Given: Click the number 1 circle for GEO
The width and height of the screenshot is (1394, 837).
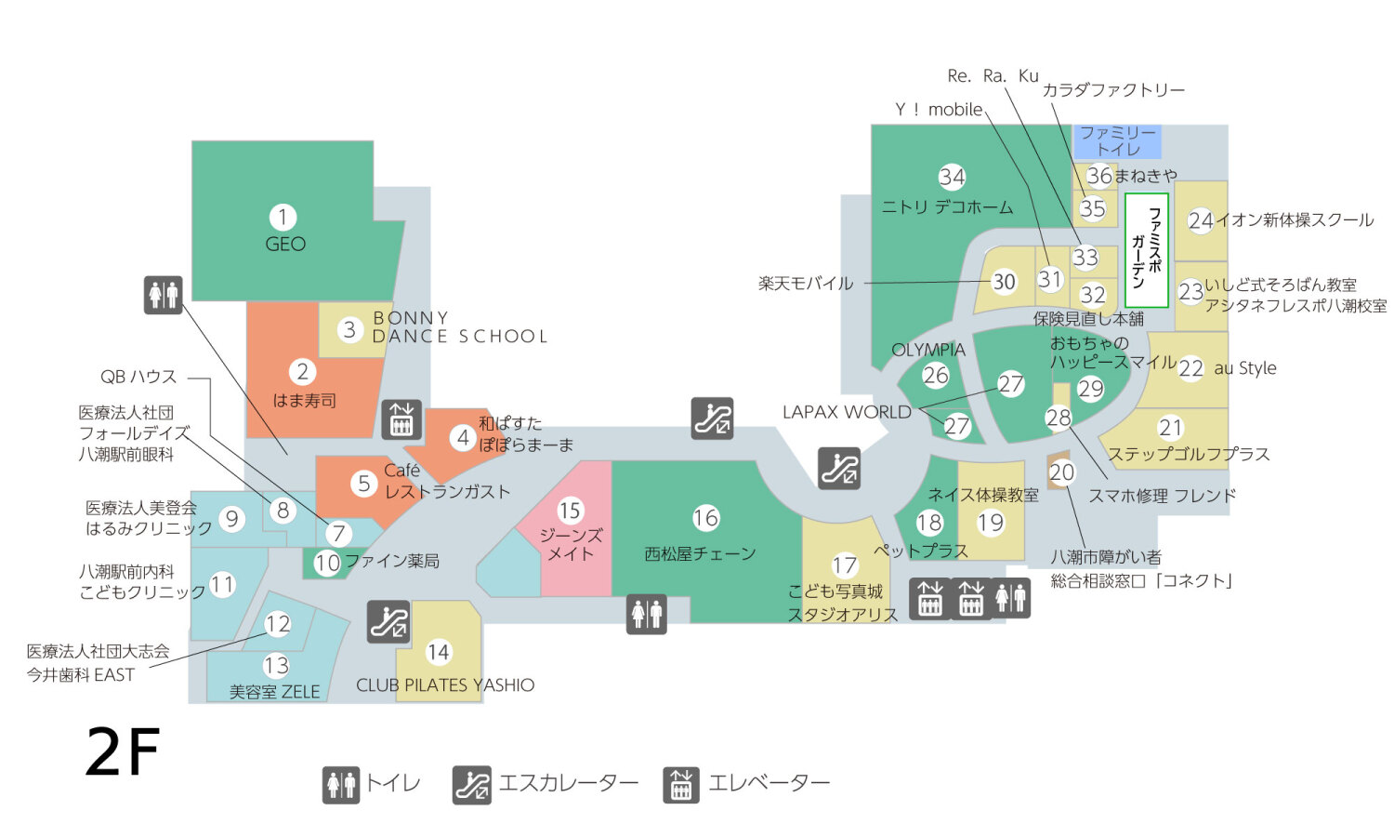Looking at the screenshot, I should (x=283, y=218).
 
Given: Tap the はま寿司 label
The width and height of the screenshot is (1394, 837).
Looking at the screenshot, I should (x=304, y=401).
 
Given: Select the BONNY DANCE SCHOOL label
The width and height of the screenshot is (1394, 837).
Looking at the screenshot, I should (x=459, y=327).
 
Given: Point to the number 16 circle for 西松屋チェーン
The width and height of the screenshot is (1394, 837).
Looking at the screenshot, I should (x=705, y=518).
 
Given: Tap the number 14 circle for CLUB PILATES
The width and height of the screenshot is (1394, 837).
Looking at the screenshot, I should (x=438, y=653).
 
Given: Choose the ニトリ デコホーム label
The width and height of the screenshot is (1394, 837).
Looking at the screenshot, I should (x=947, y=207).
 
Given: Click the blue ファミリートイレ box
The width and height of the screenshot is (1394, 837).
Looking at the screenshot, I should (x=1117, y=141).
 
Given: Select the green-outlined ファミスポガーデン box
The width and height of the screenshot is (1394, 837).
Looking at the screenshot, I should (x=1146, y=250).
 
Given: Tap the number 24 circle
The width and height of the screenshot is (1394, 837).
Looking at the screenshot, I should (x=1201, y=221).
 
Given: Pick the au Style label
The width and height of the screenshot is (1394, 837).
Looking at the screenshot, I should (x=1245, y=368).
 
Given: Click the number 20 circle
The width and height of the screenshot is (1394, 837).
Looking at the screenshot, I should (x=1061, y=472).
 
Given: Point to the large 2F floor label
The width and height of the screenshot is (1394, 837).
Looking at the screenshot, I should (x=123, y=752).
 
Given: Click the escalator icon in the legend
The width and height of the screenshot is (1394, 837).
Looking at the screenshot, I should (x=472, y=785).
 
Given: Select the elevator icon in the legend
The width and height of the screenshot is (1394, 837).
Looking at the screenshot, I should (x=681, y=785).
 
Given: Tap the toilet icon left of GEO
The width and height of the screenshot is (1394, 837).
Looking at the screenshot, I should (x=164, y=295).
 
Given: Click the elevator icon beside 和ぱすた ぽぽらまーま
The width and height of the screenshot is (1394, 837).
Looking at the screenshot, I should (x=401, y=419).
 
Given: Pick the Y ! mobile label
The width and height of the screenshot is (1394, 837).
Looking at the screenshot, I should (x=939, y=110).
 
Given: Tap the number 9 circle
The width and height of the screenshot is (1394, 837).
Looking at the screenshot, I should (x=231, y=518).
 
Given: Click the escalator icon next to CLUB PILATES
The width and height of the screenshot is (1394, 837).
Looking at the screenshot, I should (x=388, y=621).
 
